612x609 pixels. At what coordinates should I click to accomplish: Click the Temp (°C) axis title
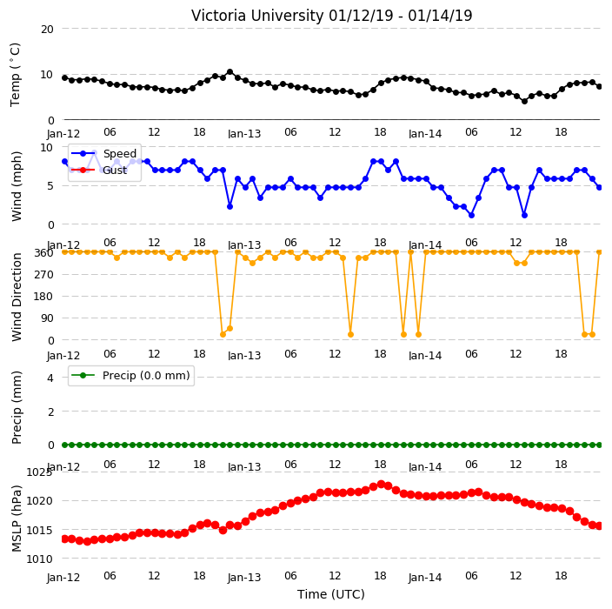[15, 74]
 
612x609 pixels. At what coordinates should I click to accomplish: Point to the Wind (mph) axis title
[17, 186]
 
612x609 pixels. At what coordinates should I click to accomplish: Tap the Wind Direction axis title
[17, 297]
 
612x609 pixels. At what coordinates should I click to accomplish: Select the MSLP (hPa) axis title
[17, 518]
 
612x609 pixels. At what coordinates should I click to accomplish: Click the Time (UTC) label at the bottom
[331, 594]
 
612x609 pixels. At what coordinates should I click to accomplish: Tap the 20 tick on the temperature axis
[47, 29]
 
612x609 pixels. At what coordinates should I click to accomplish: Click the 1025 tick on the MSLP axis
[39, 472]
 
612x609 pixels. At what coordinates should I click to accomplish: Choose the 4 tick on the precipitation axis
[50, 378]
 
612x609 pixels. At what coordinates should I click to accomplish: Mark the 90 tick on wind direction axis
[47, 318]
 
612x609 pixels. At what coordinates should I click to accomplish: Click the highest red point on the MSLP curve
[381, 485]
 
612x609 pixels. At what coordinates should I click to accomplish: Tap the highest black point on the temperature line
[229, 72]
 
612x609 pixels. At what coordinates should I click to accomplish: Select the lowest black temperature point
[524, 101]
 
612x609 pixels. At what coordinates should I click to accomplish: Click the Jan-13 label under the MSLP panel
[244, 578]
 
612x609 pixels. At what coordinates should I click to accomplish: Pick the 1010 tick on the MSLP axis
[39, 559]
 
